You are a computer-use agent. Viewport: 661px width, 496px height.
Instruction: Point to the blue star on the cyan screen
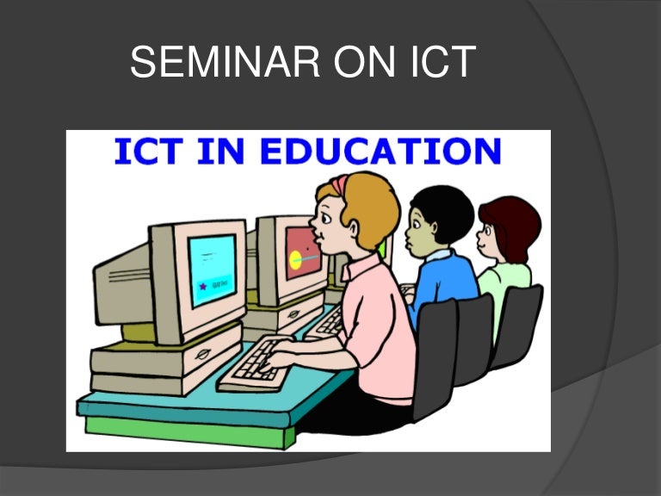[x=203, y=287]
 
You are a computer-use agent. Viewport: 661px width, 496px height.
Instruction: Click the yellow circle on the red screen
[x=296, y=257]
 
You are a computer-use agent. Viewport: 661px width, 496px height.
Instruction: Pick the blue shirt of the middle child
[x=444, y=283]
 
